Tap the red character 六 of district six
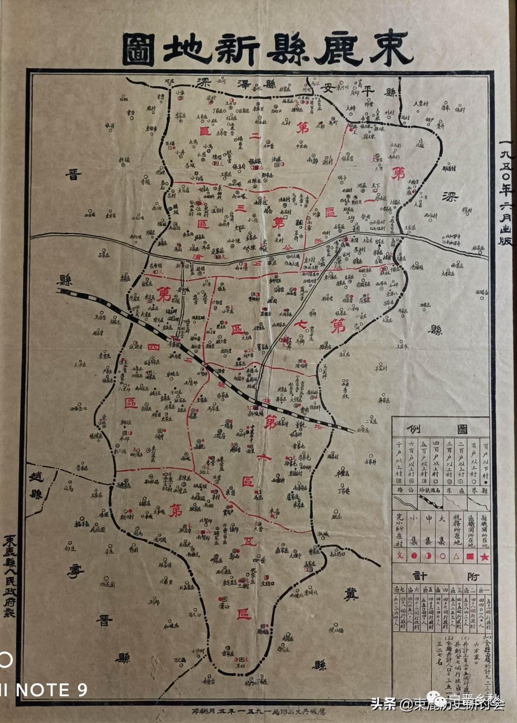pyautogui.click(x=264, y=457)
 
